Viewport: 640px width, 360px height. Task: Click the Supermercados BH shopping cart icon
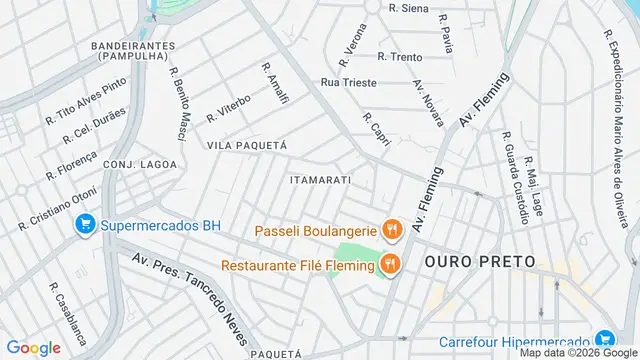pyautogui.click(x=86, y=226)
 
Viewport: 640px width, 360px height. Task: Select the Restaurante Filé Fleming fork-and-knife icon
pyautogui.click(x=389, y=265)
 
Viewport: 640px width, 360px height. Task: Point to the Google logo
pyautogui.click(x=33, y=348)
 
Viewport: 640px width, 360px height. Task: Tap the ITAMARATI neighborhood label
pyautogui.click(x=319, y=180)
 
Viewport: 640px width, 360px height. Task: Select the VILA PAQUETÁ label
pyautogui.click(x=246, y=145)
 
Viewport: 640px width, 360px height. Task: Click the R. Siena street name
pyautogui.click(x=408, y=8)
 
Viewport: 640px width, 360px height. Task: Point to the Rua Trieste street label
pyautogui.click(x=349, y=82)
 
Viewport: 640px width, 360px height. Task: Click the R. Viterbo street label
pyautogui.click(x=228, y=110)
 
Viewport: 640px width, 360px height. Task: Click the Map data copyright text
pyautogui.click(x=576, y=352)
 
